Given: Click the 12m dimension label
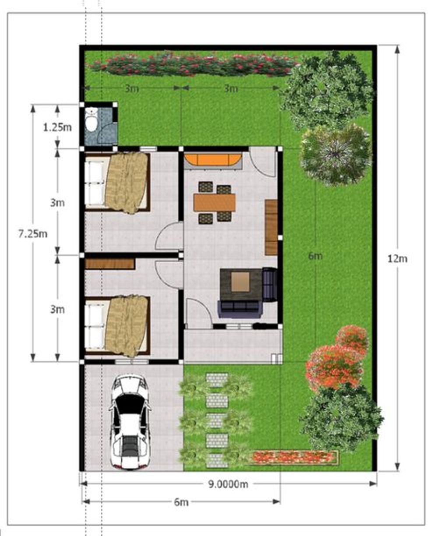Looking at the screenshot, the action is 397,259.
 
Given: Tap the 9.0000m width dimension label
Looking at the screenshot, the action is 228,484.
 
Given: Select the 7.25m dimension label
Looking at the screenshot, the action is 33,234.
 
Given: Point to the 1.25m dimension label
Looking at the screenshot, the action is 57,127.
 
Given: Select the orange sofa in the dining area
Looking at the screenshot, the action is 213,159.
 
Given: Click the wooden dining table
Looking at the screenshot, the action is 214,203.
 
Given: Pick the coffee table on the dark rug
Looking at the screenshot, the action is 240,282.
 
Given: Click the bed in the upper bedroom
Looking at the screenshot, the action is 117,182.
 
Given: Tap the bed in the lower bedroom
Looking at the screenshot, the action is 117,325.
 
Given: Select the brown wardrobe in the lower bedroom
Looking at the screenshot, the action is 109,264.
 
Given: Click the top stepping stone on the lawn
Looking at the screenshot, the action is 217,380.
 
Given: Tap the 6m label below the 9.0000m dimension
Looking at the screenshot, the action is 181,502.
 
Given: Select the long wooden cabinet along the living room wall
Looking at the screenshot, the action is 271,227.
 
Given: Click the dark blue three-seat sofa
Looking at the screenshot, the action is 240,309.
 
